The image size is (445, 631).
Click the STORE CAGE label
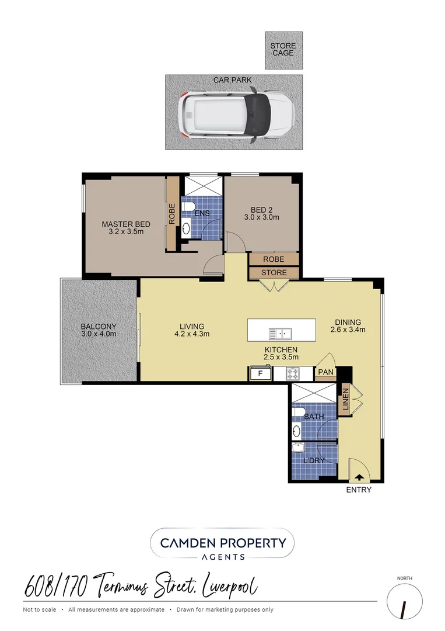(283, 50)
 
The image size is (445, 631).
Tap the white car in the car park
(236, 117)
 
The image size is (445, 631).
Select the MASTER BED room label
(126, 224)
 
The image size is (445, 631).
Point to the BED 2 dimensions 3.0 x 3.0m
(262, 217)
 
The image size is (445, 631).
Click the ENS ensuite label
(202, 213)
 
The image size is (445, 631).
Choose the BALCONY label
(99, 327)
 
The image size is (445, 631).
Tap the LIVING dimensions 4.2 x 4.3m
(192, 334)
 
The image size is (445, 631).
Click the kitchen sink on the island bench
(280, 334)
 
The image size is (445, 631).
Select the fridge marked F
(260, 373)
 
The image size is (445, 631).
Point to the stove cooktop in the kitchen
(292, 374)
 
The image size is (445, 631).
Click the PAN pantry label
(325, 372)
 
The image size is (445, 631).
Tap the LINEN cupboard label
(345, 399)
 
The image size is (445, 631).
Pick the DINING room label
(348, 322)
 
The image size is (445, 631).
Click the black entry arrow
(359, 477)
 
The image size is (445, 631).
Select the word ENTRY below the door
(359, 490)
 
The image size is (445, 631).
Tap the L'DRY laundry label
(314, 460)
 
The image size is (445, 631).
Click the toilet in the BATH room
(298, 412)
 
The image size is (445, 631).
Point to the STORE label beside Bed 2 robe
(274, 272)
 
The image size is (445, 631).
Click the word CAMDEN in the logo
(187, 543)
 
